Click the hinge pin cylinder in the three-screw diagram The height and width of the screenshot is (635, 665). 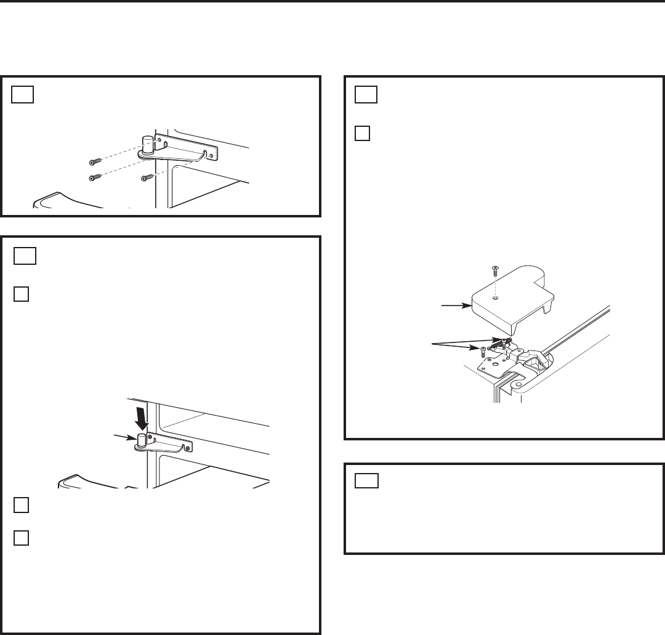148,144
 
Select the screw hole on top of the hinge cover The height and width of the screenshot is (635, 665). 495,299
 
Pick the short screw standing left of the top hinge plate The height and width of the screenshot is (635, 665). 483,352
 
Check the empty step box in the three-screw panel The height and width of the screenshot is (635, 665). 23,94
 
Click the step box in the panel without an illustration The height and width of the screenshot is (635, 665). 368,480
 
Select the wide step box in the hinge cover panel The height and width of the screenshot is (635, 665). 368,95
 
